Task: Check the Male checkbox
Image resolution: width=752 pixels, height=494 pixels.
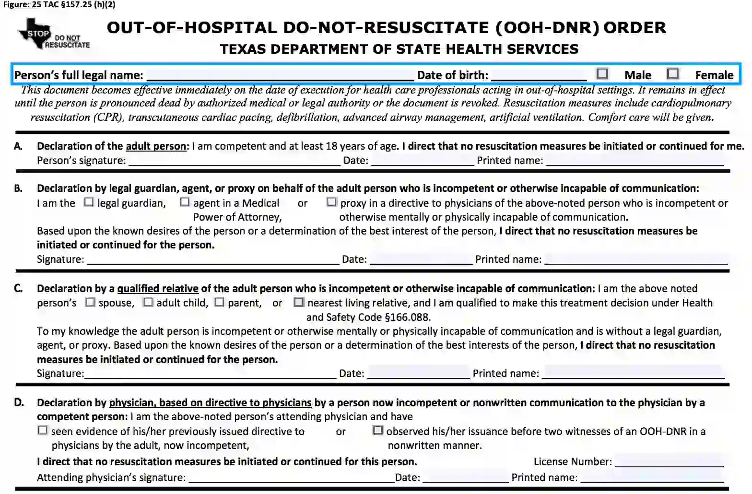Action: (x=602, y=73)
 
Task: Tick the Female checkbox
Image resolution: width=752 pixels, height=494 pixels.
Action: (x=673, y=73)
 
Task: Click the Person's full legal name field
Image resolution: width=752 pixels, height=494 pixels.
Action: (x=280, y=75)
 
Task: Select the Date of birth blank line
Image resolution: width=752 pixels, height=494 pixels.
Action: (x=539, y=75)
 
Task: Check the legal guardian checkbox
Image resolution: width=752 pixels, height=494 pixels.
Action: (x=89, y=202)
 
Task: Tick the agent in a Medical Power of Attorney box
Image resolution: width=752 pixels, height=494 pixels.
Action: (x=185, y=202)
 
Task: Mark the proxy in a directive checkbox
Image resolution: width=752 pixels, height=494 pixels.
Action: (x=331, y=202)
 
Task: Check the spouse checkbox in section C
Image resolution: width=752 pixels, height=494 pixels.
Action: (x=90, y=302)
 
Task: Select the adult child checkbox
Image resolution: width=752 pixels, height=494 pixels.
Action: (x=148, y=302)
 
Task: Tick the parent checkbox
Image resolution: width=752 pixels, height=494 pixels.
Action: (x=219, y=302)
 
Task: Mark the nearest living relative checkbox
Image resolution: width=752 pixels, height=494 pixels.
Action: (x=299, y=302)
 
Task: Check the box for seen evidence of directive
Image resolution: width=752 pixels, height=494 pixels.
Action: (x=43, y=430)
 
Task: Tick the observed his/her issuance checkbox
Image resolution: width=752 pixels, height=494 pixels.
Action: (x=378, y=430)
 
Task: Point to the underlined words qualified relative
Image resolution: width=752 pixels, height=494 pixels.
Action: (x=158, y=288)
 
